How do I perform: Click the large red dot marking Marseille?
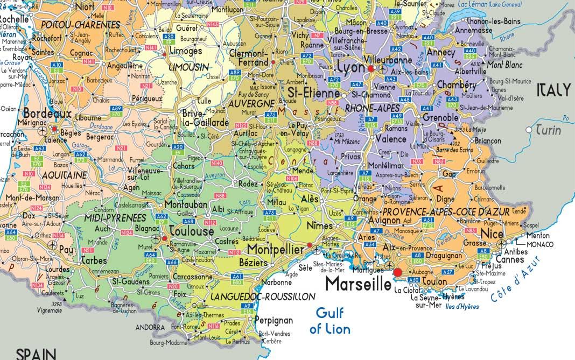[398, 273]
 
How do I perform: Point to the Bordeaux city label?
[47, 114]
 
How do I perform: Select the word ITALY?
[553, 90]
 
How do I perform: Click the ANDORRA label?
[150, 327]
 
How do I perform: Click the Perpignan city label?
[274, 320]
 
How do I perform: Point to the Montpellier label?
[276, 249]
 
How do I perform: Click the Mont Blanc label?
[504, 65]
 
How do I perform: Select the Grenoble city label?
[440, 117]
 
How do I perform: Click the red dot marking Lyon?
[371, 69]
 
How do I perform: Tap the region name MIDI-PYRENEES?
[116, 218]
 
